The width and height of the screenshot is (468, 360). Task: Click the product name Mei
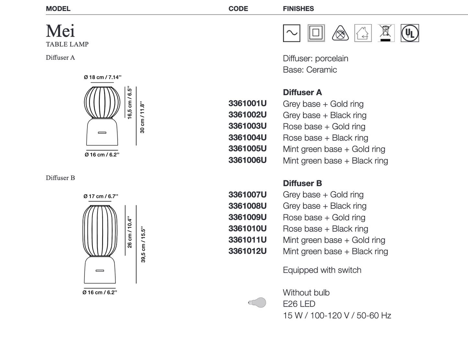pos(60,31)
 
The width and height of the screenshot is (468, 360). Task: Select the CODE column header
pos(238,9)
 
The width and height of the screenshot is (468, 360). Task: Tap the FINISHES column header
pos(298,9)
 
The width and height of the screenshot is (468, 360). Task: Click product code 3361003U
pos(247,126)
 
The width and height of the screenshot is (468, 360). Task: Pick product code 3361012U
pos(247,251)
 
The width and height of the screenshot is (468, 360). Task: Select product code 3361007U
pos(247,195)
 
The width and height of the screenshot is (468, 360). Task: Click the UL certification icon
pos(410,33)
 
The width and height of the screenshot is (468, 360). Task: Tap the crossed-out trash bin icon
pos(385,33)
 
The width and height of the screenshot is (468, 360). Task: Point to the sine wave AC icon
pos(291,33)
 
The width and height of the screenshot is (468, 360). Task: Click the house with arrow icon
pos(363,33)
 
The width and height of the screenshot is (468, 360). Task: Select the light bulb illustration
pos(257,303)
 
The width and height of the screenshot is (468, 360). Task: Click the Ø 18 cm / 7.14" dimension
pos(102,77)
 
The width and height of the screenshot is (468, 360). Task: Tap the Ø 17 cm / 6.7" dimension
pos(101,196)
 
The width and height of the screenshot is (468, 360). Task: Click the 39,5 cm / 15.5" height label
pos(143,245)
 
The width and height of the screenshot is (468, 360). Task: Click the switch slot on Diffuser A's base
pos(102,133)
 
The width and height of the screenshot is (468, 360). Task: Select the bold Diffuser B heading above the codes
pos(302,183)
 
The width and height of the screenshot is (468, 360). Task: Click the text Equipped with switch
pos(322,270)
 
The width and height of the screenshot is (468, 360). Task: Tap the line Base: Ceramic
pos(310,70)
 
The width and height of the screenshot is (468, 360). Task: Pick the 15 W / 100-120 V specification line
pos(337,315)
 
